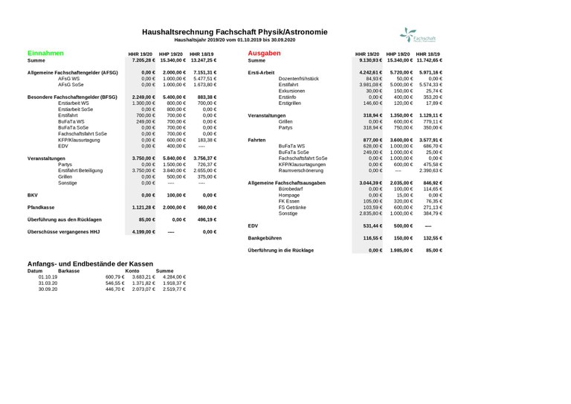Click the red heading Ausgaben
[x=264, y=54]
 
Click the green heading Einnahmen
[x=45, y=54]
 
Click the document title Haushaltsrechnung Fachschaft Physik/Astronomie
[x=234, y=32]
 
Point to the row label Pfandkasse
[x=42, y=208]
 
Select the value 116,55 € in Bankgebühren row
[x=371, y=237]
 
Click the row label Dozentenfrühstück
[x=299, y=78]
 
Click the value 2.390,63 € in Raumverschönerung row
[x=430, y=170]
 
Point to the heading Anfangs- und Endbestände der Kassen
[x=90, y=264]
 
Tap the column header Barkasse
[x=69, y=271]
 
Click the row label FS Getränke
[x=293, y=207]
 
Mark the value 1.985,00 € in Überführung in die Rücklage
[x=400, y=250]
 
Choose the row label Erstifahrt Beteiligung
[x=83, y=170]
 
